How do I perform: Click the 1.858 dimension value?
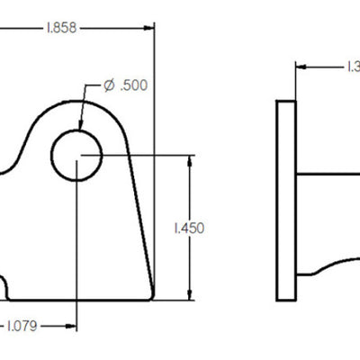(x=60, y=28)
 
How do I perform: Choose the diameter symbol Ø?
(x=109, y=85)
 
